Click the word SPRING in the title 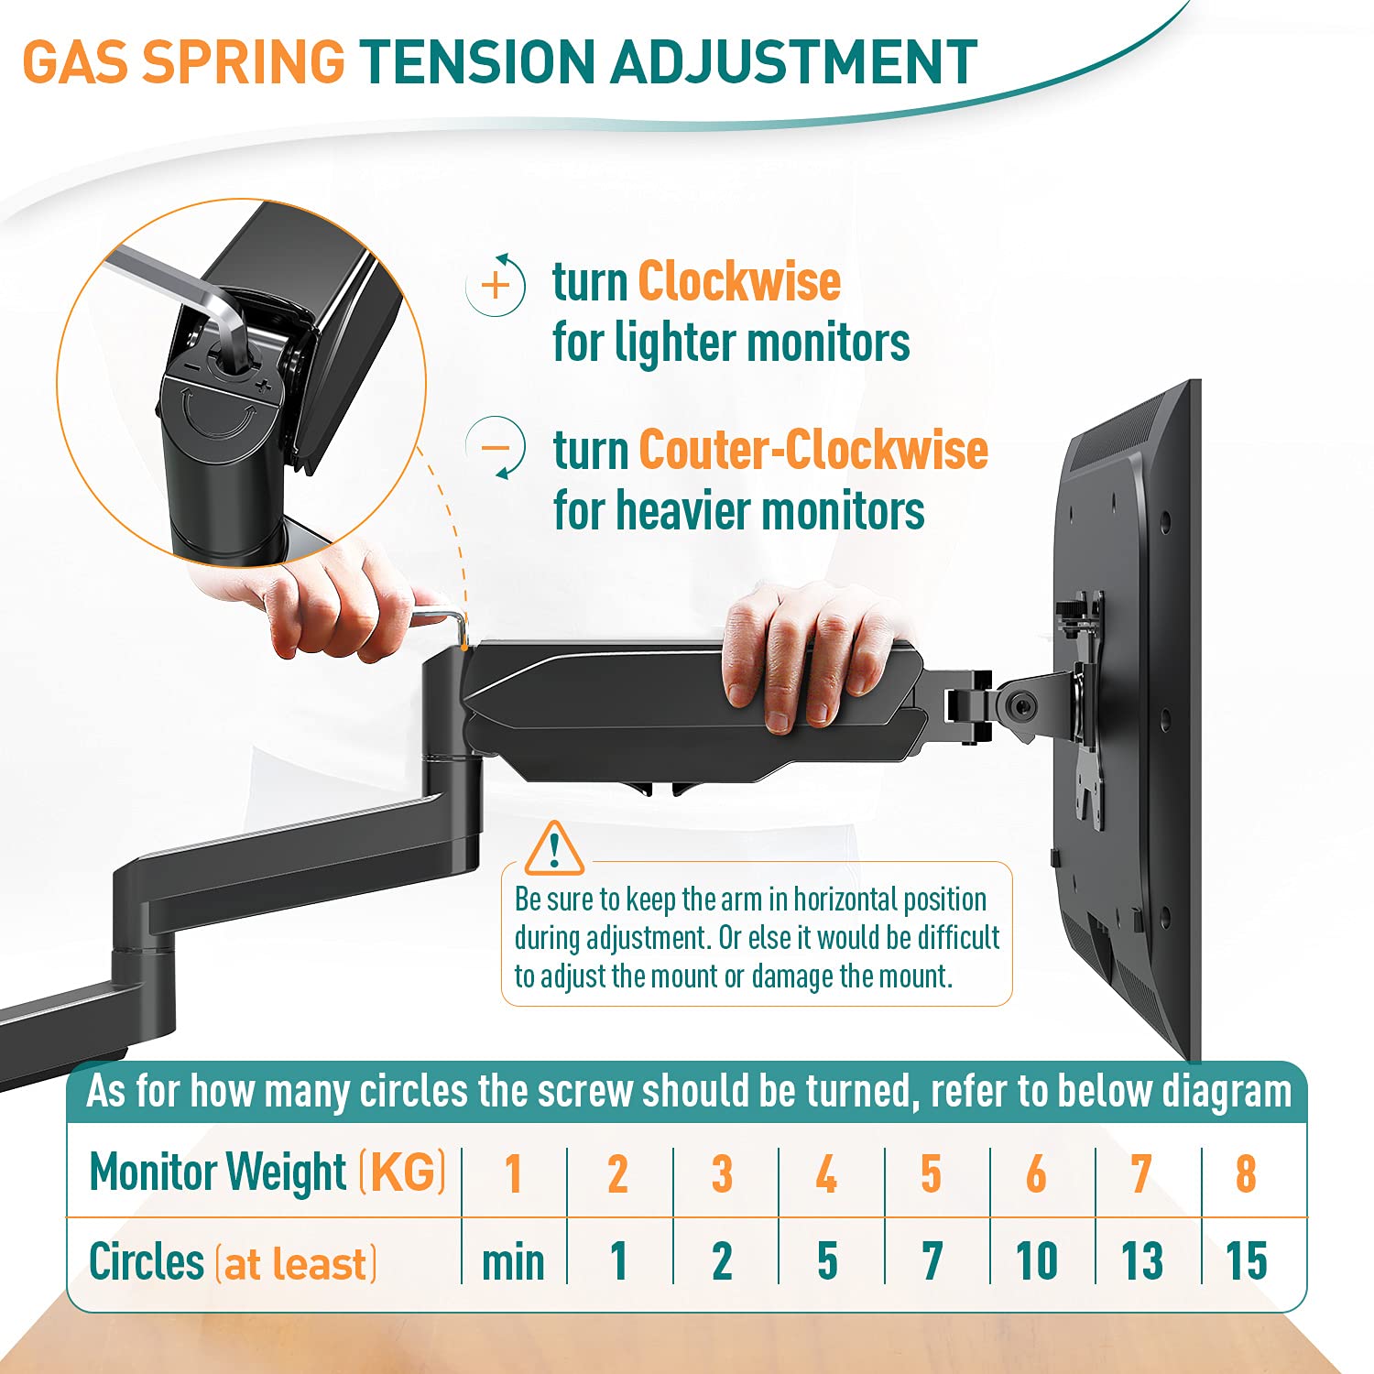coord(245,62)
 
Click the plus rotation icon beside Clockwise coord(496,285)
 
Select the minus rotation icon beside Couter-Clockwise coord(496,449)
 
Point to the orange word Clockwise coord(739,281)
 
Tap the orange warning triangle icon coord(553,849)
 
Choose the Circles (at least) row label coord(233,1262)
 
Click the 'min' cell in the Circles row coord(513,1262)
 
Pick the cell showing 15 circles coord(1246,1262)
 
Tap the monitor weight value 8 coord(1246,1173)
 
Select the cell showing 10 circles coord(1037,1262)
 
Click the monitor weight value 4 coord(826,1173)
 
